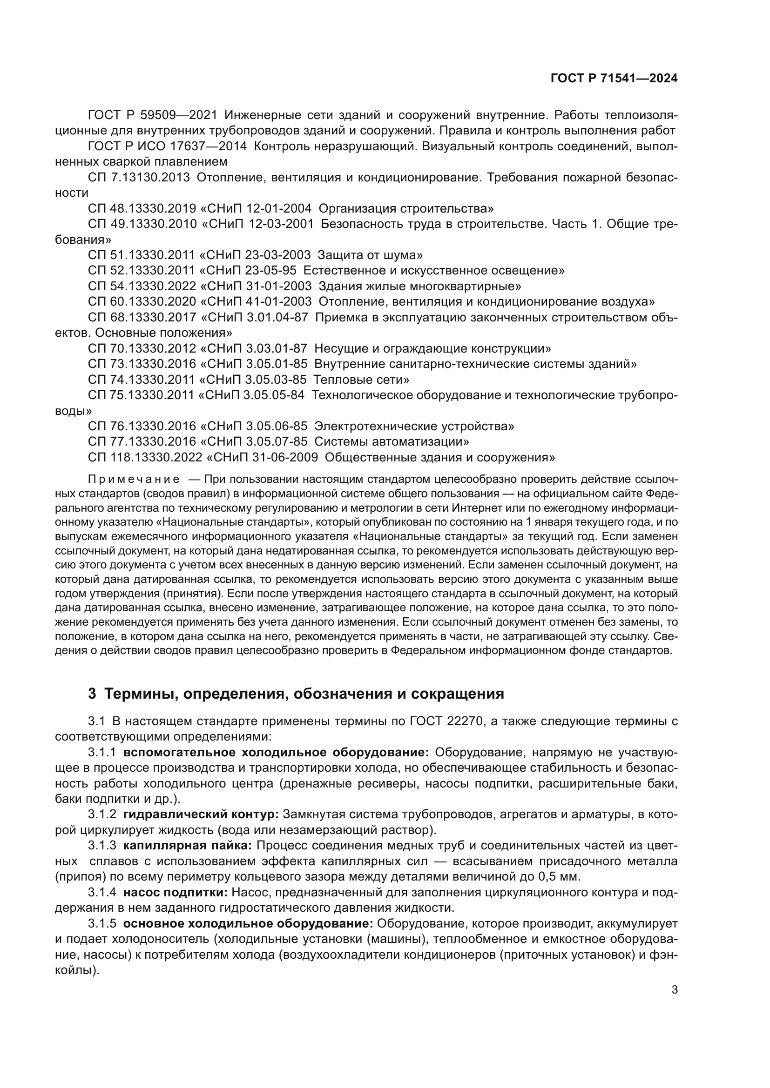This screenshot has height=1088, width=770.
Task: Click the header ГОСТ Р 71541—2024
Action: coord(614,79)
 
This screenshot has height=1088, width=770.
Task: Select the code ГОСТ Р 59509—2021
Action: coord(152,115)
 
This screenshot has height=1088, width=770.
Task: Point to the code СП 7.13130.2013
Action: coord(139,178)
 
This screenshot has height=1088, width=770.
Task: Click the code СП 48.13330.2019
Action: coord(142,208)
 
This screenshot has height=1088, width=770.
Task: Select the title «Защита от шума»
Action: coord(370,255)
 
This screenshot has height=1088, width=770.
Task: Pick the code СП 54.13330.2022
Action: coord(142,286)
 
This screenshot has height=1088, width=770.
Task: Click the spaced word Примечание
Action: coord(134,479)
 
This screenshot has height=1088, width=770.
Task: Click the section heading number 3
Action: coord(92,694)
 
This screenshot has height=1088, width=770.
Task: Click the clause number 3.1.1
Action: coord(101,753)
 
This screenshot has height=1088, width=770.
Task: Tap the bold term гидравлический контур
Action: coord(201,814)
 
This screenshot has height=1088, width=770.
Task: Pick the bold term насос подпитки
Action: coord(176,892)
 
